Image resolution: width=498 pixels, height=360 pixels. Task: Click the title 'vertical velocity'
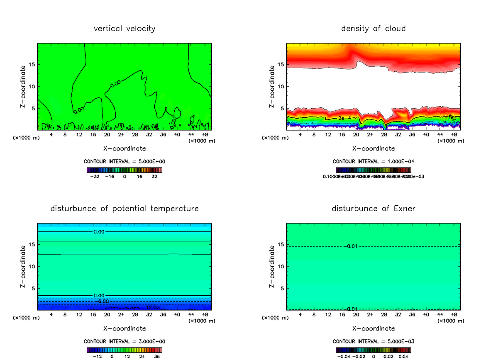[124, 29]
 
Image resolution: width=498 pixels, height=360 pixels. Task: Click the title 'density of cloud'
[373, 29]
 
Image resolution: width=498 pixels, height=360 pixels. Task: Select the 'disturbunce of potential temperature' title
[124, 208]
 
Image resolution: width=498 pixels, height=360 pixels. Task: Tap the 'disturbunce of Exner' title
[373, 208]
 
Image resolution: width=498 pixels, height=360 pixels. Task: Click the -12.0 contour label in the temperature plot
[149, 308]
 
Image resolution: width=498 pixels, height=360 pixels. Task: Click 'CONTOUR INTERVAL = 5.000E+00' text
[124, 161]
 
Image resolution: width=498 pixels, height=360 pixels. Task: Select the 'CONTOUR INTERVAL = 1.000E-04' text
[373, 161]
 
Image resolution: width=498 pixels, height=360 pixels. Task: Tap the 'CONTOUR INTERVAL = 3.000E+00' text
[124, 341]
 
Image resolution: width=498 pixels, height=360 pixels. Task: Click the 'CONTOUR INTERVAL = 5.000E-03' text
[373, 341]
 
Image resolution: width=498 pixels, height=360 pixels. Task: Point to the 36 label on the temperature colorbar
[157, 356]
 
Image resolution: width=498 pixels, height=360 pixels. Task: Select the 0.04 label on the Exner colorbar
[404, 356]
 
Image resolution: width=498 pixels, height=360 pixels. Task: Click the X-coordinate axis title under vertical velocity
[124, 148]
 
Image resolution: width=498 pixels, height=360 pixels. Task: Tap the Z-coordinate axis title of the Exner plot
[272, 266]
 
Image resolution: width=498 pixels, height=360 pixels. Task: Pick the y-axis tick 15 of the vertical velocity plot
[32, 64]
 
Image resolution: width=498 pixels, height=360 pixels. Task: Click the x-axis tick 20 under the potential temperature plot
[107, 314]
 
